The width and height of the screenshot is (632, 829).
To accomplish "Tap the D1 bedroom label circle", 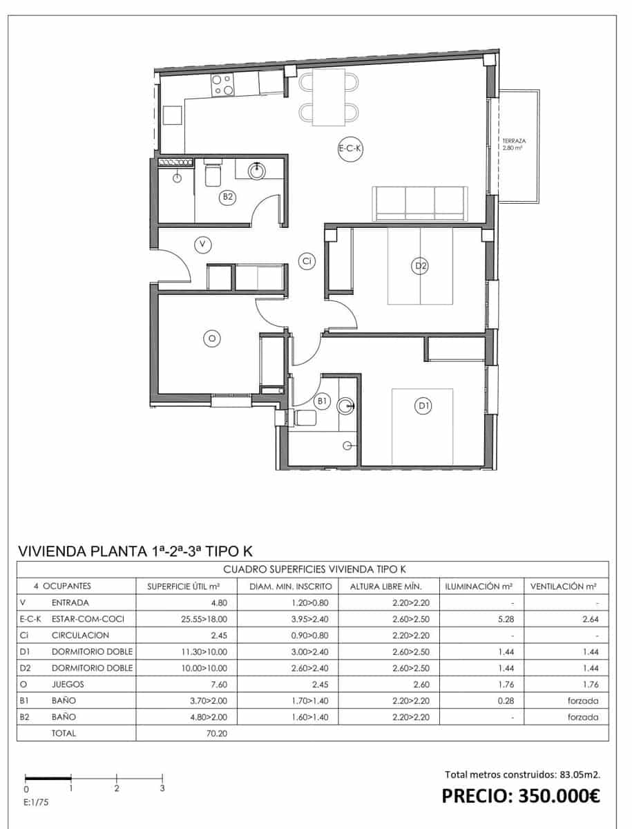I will click(x=423, y=407).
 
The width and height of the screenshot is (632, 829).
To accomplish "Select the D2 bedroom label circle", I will click(x=420, y=265).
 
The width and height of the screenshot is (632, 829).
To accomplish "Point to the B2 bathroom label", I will click(x=228, y=198).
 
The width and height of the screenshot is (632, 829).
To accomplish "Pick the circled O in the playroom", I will click(x=212, y=338).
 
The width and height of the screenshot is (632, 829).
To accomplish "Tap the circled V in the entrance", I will click(x=202, y=244).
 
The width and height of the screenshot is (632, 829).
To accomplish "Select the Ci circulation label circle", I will click(x=307, y=260).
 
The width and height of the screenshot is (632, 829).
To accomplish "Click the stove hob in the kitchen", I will click(x=223, y=85).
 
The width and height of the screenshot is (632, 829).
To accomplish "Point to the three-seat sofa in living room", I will click(x=420, y=203).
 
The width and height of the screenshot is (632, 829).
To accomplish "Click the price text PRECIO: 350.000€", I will click(x=521, y=796).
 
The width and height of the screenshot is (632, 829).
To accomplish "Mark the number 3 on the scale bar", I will click(x=162, y=788).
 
